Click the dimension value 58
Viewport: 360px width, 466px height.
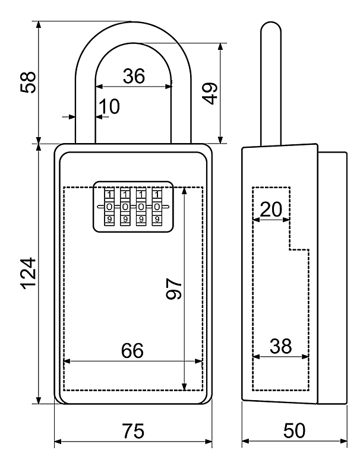[29, 83]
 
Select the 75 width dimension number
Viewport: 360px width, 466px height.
[133, 430]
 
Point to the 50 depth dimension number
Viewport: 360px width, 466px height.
[294, 430]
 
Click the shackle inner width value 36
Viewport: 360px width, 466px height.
[134, 76]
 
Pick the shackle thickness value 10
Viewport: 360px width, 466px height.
[109, 106]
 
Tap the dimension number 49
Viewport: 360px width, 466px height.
[210, 93]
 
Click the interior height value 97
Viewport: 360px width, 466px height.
[174, 289]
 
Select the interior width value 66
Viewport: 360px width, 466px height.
[132, 350]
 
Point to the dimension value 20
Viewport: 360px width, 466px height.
[271, 209]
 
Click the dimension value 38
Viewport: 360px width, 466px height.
[280, 346]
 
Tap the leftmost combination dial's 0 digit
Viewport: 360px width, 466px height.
[109, 207]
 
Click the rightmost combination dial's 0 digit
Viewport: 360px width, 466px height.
[157, 207]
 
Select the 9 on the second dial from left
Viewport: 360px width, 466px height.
[125, 219]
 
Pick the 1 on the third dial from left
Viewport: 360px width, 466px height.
[141, 194]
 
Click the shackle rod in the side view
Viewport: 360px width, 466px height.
[271, 84]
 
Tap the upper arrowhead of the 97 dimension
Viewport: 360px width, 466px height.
[185, 191]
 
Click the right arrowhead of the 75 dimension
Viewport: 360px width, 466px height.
[209, 442]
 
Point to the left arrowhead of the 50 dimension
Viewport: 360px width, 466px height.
[246, 442]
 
